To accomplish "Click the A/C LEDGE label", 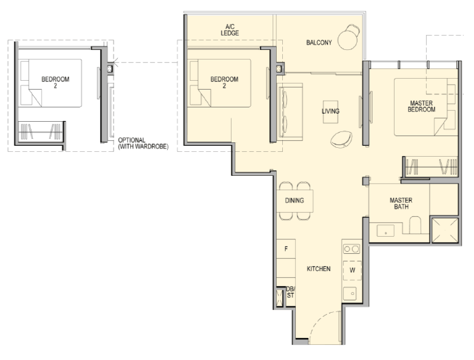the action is (x=229, y=30).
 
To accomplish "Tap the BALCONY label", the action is (x=319, y=42).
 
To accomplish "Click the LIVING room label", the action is (x=330, y=111).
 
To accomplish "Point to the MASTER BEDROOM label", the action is (x=421, y=106).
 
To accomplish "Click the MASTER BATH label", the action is (x=401, y=203).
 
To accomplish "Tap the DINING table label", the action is (x=295, y=201).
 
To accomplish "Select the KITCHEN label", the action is (x=319, y=269).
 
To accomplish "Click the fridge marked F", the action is (x=286, y=249).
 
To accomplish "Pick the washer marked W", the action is (x=353, y=270).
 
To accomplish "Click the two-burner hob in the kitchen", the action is (x=352, y=249).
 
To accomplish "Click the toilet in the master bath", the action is (x=415, y=225).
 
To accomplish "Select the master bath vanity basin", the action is (x=386, y=231).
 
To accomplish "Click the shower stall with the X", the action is (x=445, y=230).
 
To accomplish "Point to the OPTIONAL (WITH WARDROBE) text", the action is (x=143, y=144).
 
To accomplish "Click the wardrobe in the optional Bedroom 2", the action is (x=40, y=131).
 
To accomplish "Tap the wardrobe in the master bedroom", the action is (x=431, y=166).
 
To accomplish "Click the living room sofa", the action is (x=290, y=112).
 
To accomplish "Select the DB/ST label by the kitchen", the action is (x=290, y=292).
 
